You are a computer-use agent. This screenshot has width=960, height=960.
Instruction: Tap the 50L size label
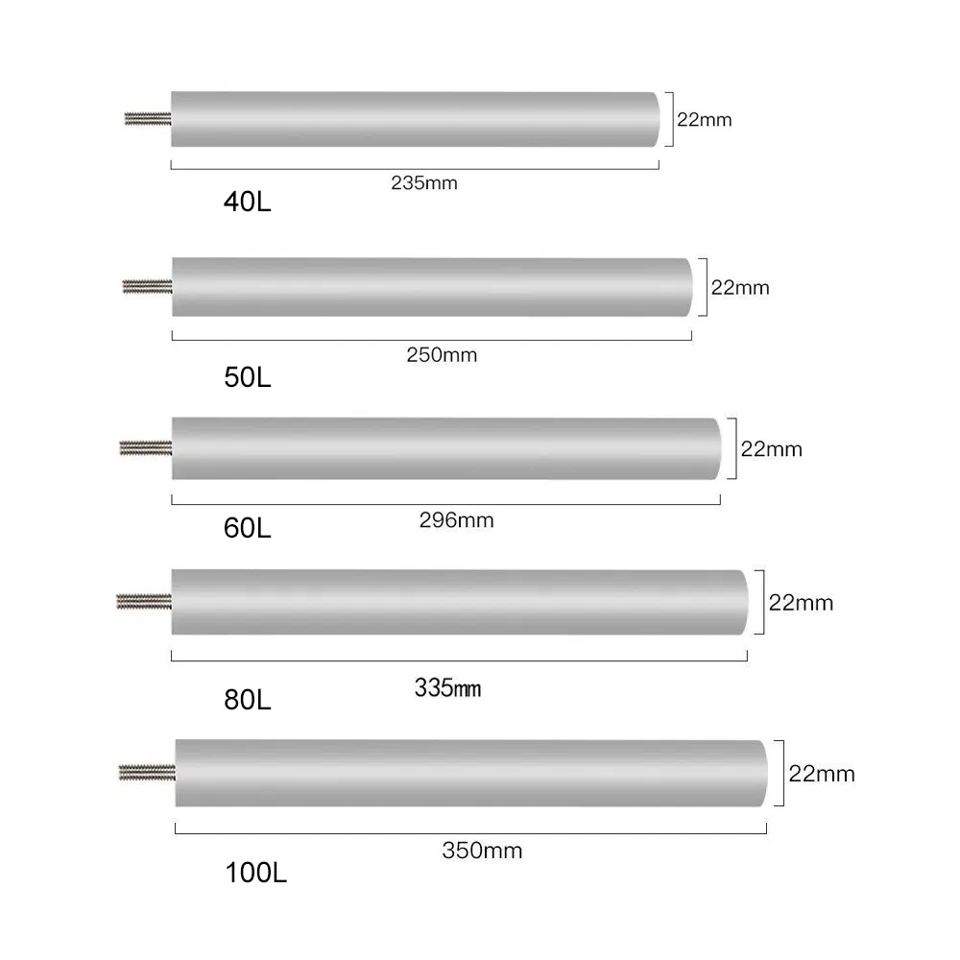coord(247,377)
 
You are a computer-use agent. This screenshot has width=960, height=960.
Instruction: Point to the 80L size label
coord(247,700)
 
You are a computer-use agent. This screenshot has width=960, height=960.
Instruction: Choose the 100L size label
coord(255,874)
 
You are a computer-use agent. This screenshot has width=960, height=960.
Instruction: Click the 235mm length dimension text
coord(423,183)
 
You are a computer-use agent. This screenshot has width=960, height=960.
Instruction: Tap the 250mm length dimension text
coord(443,356)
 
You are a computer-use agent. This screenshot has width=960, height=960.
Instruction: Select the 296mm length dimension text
coord(456,520)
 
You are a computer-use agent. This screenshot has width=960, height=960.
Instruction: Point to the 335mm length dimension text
coord(447,688)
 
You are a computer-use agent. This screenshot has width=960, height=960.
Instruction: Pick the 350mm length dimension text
coord(482,850)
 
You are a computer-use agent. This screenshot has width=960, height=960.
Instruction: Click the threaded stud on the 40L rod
coord(148,119)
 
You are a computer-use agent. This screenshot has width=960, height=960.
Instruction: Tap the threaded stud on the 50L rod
coord(147,285)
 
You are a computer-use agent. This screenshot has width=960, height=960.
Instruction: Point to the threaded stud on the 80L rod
coord(144,602)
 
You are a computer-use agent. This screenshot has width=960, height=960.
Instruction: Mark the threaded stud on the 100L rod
coord(147,770)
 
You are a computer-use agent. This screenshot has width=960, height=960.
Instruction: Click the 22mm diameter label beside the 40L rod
coord(704,120)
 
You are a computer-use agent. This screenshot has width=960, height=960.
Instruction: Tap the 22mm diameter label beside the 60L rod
coord(771,448)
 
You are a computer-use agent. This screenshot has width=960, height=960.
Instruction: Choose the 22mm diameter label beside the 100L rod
coord(821,774)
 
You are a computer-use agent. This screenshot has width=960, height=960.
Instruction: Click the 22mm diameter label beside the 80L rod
coord(802,603)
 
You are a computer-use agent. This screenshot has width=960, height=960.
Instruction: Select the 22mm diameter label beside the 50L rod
coord(739,287)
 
